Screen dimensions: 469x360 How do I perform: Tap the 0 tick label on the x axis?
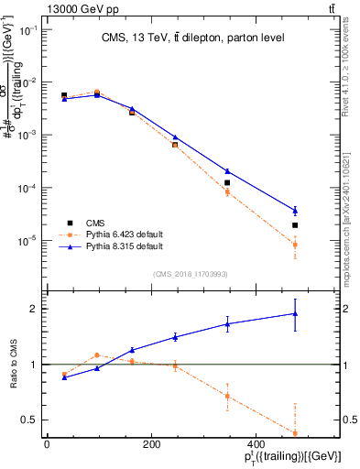(x=47, y=444)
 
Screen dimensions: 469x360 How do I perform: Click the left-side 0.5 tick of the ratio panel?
(x=32, y=420)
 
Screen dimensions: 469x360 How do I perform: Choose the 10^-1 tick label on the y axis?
(x=27, y=29)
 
